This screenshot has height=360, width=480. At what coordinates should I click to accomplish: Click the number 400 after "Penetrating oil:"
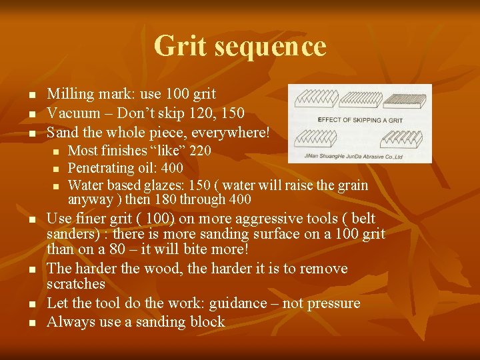point(173,167)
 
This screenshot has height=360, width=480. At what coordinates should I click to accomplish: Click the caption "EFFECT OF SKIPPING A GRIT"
point(359,119)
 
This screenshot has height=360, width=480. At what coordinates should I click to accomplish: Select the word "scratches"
point(76,284)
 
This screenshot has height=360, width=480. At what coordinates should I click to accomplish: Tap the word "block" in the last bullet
point(207,322)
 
